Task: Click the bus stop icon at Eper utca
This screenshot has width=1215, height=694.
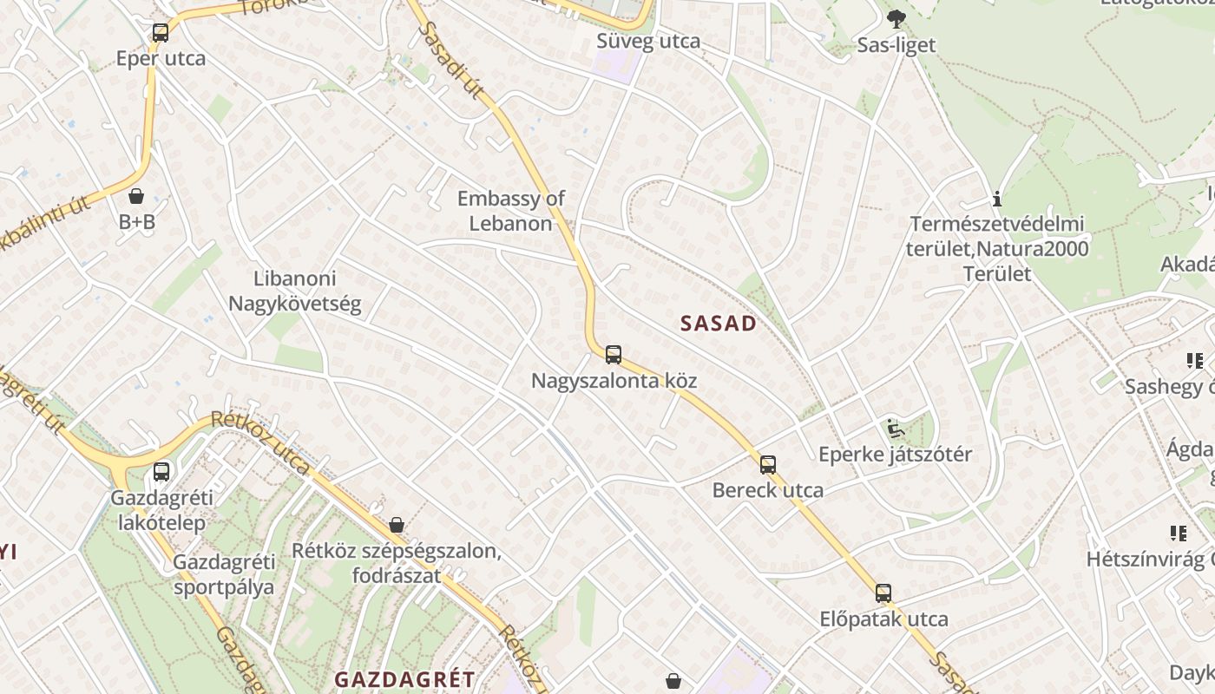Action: [161, 34]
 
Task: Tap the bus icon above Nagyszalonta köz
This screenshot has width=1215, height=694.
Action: [614, 355]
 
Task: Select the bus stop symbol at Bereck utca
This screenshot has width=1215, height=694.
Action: [768, 465]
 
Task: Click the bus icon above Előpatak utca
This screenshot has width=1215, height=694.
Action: [883, 594]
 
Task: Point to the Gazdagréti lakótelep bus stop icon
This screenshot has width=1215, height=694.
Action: [161, 473]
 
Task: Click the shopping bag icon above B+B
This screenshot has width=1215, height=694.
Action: [136, 196]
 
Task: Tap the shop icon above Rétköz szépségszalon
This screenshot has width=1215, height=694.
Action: [397, 525]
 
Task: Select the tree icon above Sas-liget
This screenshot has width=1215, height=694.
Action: [896, 19]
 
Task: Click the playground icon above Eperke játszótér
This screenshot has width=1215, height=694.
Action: [895, 429]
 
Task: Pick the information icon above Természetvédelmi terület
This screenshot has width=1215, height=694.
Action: [997, 200]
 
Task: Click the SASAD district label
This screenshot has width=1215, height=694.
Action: [719, 324]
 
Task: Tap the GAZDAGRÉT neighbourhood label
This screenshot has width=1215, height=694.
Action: [405, 679]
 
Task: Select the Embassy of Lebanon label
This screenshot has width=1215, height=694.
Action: [511, 211]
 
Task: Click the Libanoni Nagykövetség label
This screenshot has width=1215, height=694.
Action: [294, 291]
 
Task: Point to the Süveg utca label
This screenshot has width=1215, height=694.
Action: [648, 41]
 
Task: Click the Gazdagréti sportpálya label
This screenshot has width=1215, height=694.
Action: [224, 574]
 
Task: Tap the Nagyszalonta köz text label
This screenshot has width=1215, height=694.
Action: [614, 381]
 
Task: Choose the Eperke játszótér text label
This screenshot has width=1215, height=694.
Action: [896, 455]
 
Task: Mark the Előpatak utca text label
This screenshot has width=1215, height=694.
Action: [883, 619]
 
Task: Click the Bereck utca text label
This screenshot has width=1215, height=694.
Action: [768, 490]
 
